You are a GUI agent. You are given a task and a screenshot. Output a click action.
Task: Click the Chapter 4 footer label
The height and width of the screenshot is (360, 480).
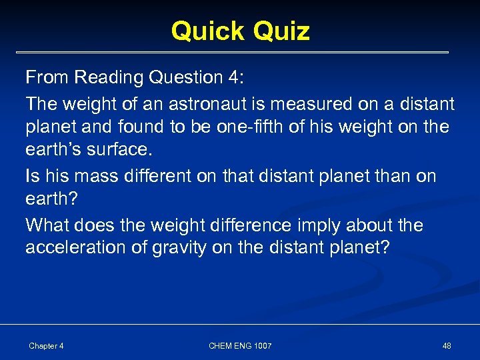pos(46,345)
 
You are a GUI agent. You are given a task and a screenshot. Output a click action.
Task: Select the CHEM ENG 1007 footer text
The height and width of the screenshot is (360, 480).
pos(240,345)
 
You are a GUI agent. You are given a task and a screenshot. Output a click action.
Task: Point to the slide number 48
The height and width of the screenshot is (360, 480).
pos(447,345)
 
